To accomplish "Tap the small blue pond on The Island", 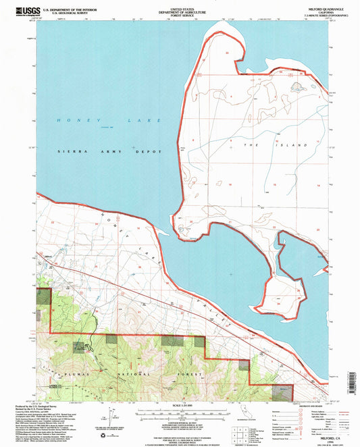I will pos(295,86).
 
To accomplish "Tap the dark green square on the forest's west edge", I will pos(43,296).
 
